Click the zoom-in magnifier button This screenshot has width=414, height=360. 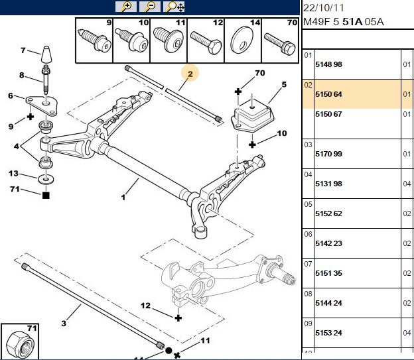(x=126, y=7)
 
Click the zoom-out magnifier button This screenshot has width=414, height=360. (x=150, y=7)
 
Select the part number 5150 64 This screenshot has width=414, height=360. (x=328, y=94)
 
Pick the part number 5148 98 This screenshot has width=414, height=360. (x=328, y=64)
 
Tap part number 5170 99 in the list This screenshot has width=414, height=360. (x=328, y=154)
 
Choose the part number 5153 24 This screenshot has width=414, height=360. (x=328, y=333)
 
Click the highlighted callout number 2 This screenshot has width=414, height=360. (x=190, y=74)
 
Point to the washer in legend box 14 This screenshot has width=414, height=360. (x=242, y=42)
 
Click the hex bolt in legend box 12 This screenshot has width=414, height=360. (x=206, y=42)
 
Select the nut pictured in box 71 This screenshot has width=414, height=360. (x=20, y=344)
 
